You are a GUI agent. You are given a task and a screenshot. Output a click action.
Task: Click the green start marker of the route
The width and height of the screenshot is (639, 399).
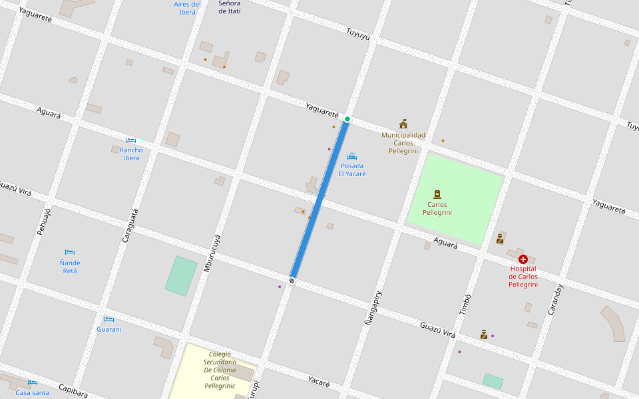coord(347,119)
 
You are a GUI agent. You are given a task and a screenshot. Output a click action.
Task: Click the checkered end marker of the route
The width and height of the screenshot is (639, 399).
coord(292,281)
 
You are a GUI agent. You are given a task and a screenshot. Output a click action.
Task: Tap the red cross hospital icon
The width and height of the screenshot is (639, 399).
coord(523,259)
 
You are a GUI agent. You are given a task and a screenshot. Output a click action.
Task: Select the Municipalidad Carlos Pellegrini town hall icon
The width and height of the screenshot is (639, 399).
coord(403,124)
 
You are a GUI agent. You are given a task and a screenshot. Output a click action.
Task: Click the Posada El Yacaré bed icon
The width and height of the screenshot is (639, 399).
coord(352,156)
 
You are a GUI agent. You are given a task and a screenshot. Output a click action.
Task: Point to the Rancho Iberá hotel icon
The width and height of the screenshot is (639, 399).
coord(131,140)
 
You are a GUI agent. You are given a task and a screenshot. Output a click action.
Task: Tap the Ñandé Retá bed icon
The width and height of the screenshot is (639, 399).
coord(70,252)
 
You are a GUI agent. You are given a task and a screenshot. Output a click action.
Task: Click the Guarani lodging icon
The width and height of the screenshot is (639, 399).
coord(109,319)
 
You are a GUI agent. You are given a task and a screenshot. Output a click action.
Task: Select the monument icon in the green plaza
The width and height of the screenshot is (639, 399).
coord(437,194)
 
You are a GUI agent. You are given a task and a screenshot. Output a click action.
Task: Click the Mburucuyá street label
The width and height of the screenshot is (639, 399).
coord(212,253)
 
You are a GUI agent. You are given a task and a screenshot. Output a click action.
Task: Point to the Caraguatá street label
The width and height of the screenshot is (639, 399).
coord(130,225)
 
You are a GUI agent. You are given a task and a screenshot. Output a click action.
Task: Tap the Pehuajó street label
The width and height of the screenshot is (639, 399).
coord(43,221)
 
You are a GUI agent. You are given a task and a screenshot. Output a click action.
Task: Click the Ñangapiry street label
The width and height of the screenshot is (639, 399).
coord(373,307)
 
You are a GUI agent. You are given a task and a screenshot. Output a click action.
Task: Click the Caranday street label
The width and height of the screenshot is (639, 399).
coord(554,299)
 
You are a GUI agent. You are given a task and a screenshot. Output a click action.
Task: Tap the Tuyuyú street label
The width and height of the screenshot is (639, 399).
coord(357,33)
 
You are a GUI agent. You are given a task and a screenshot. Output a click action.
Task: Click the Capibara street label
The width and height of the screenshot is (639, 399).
coord(73,391)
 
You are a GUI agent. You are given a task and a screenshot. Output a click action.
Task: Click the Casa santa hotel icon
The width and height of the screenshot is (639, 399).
coord(32,382)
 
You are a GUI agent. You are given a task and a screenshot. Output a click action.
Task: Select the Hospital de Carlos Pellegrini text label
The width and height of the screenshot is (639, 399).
coord(523,276)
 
